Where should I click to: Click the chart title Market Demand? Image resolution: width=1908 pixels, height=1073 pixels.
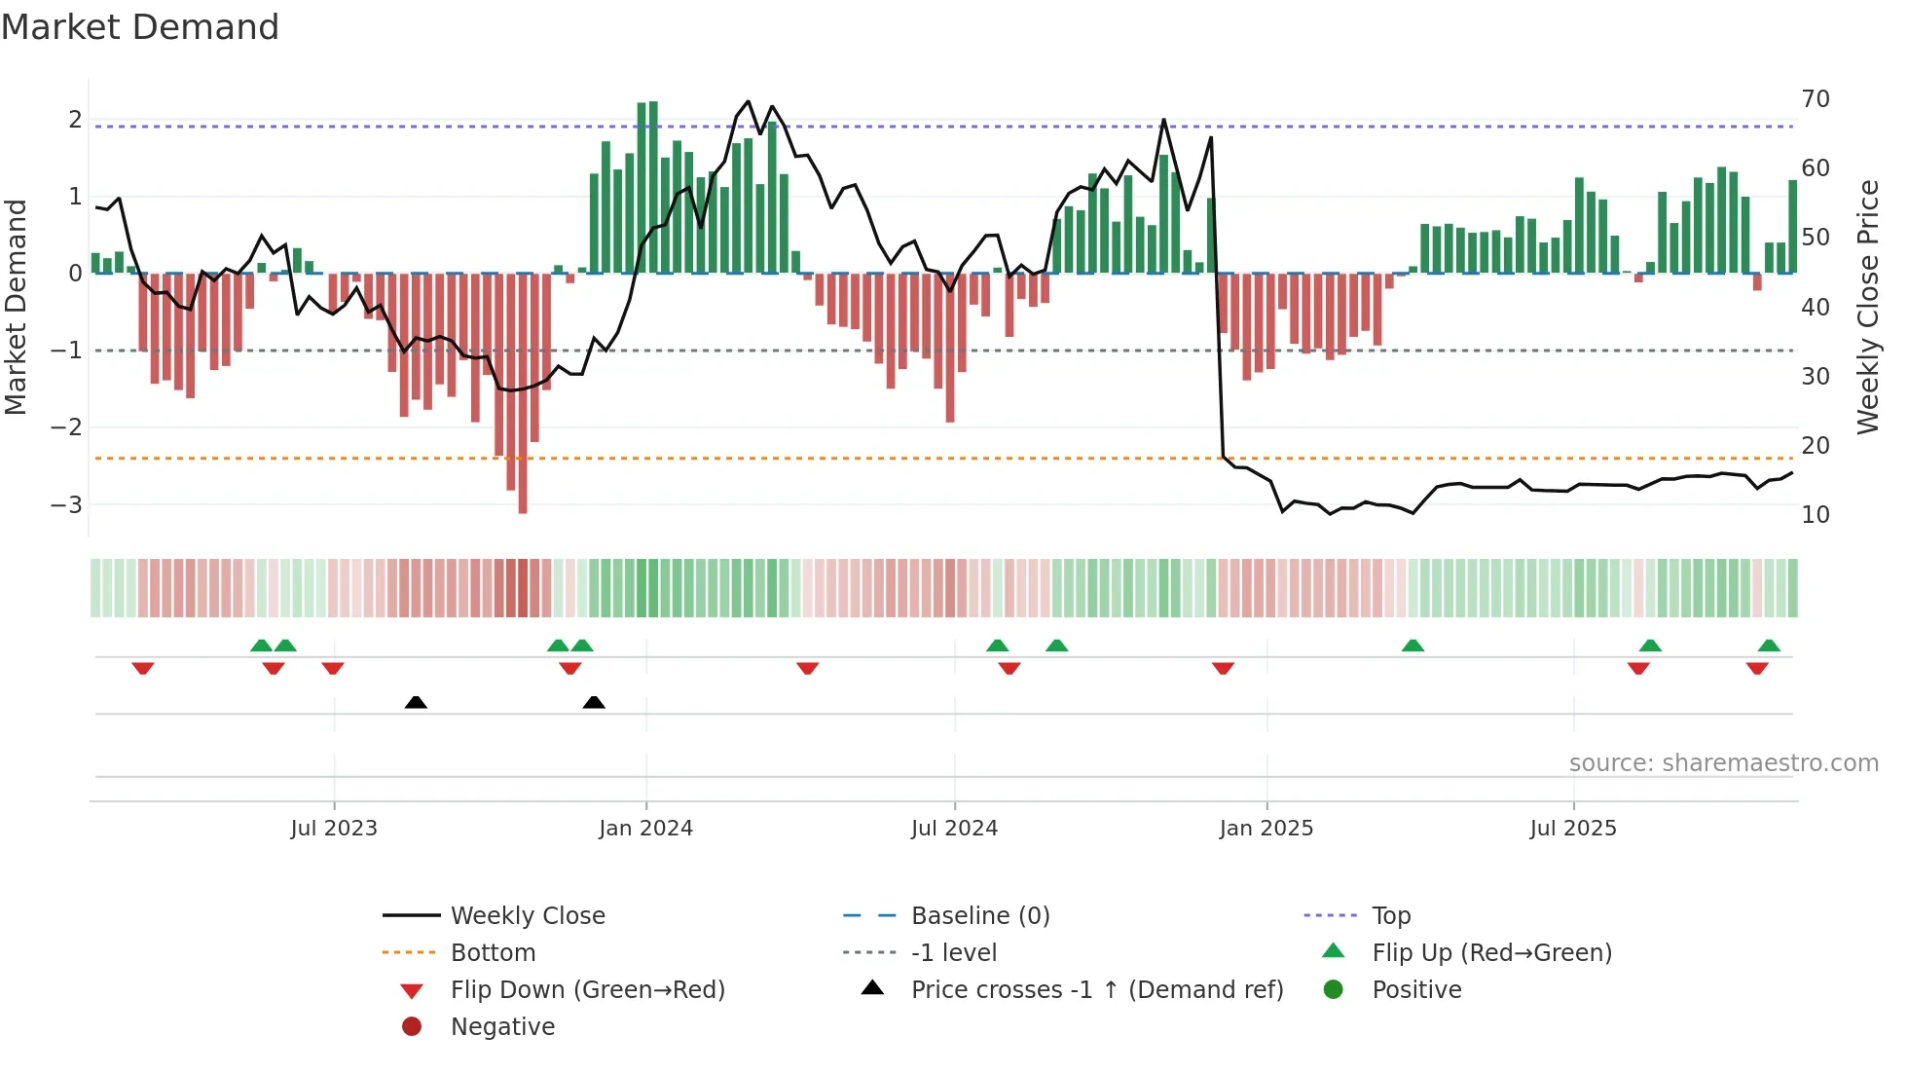(x=140, y=27)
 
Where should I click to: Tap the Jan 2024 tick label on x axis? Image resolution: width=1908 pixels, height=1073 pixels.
(x=645, y=829)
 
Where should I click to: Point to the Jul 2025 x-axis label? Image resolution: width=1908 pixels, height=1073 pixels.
(x=1572, y=829)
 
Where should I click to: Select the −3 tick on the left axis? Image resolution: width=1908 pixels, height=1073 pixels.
(x=67, y=505)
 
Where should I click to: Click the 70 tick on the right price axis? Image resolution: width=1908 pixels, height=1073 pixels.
(x=1816, y=99)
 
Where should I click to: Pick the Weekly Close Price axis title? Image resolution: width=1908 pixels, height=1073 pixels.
(x=1867, y=307)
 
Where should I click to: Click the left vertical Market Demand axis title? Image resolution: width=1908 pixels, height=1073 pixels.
(x=17, y=307)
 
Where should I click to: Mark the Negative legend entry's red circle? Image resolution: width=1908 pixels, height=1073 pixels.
(x=412, y=1027)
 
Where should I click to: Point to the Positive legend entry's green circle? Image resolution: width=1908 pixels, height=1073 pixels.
(x=1334, y=990)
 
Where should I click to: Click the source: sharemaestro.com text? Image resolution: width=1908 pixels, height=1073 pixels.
(x=1723, y=763)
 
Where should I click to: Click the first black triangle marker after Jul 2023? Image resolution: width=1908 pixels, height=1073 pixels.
(x=416, y=702)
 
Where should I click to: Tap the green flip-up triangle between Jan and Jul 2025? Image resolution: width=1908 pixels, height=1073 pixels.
(x=1413, y=646)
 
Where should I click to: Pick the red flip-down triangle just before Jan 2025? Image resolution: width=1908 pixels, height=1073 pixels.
(x=1224, y=668)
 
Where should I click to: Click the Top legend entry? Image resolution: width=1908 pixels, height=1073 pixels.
(x=1391, y=916)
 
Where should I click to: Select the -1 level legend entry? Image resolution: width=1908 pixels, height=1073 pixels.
(x=953, y=953)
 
